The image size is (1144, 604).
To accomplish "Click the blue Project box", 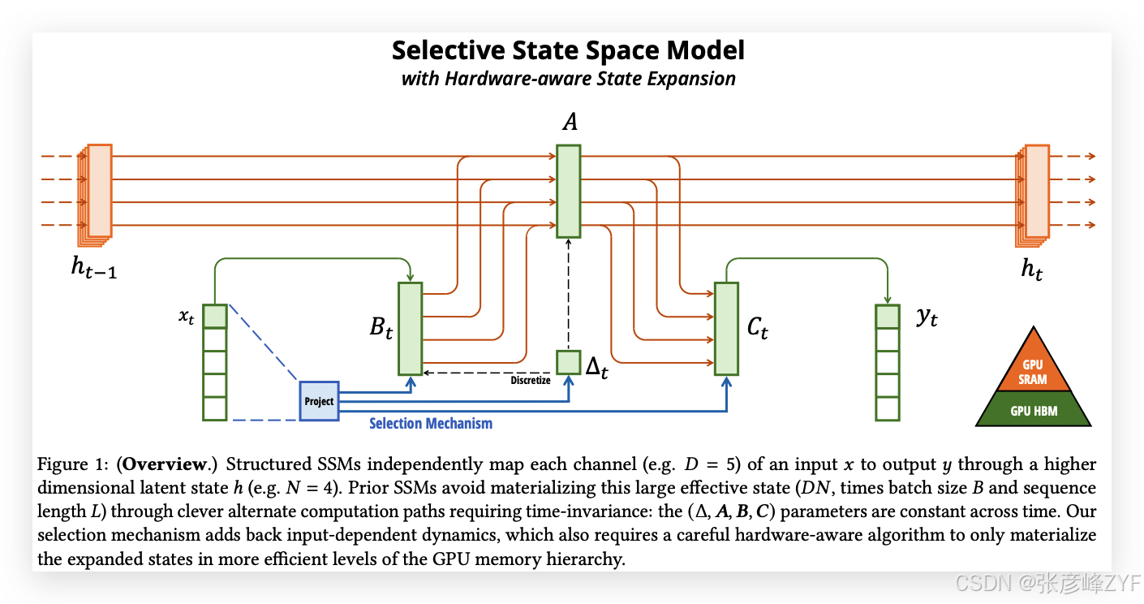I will tap(319, 400).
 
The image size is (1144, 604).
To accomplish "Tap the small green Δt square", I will tap(568, 362).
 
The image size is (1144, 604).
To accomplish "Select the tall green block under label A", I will tap(568, 191).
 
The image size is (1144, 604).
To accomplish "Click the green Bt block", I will tap(410, 329).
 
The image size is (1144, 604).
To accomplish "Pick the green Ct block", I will tap(726, 329).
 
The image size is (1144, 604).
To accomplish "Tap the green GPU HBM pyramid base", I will tap(1033, 410).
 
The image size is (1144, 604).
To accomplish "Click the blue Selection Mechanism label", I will tap(431, 423).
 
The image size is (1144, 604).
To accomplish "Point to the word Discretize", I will tap(531, 380).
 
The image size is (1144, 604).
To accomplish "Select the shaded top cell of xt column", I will tap(215, 315).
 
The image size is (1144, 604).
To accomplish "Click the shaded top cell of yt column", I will tap(888, 317).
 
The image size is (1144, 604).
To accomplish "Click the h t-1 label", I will tap(93, 269).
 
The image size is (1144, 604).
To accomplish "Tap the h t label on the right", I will tap(1031, 269).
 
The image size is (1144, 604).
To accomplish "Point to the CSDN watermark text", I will tap(1047, 582).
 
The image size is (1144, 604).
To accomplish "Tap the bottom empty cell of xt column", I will tap(215, 408).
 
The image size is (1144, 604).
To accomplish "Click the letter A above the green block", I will tap(570, 123).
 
